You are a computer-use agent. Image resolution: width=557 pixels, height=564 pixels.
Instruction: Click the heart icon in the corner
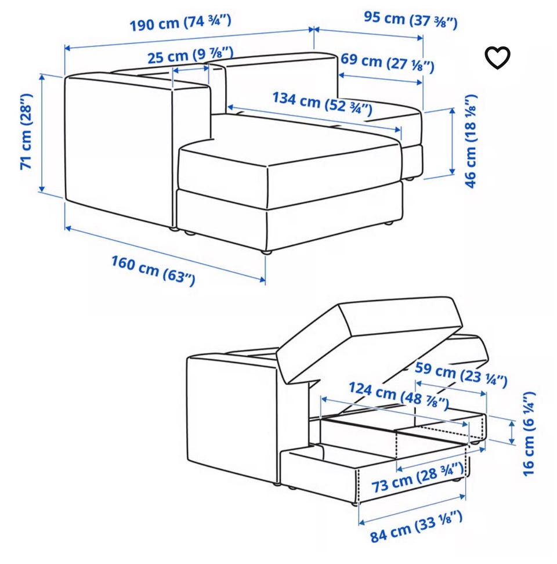497,57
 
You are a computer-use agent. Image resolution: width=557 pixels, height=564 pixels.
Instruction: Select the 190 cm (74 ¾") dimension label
180,23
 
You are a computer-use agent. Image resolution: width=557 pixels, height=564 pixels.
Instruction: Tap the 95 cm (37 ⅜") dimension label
411,19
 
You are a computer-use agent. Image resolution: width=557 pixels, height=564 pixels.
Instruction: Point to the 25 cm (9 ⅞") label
190,55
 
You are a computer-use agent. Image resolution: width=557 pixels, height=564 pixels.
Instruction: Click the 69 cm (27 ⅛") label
387,63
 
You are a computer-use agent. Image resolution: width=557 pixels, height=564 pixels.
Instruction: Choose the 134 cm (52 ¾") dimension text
322,103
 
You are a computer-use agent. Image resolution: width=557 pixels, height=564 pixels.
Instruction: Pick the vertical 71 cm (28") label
26,132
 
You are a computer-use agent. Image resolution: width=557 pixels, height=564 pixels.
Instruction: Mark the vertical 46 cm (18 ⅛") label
471,141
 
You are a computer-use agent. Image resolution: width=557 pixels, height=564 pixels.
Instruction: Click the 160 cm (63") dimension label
153,270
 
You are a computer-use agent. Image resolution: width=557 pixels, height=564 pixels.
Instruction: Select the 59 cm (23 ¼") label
461,374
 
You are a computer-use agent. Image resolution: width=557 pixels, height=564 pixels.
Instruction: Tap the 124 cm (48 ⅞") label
399,395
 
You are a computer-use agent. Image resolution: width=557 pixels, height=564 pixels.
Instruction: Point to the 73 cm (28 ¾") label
417,478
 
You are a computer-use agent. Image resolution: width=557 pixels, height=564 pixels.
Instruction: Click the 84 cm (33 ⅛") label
416,526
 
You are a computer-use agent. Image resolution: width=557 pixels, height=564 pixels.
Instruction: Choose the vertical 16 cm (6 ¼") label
529,434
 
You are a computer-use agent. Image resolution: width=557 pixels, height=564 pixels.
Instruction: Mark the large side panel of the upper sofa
119,147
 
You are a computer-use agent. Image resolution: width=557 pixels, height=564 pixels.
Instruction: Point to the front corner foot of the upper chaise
266,252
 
